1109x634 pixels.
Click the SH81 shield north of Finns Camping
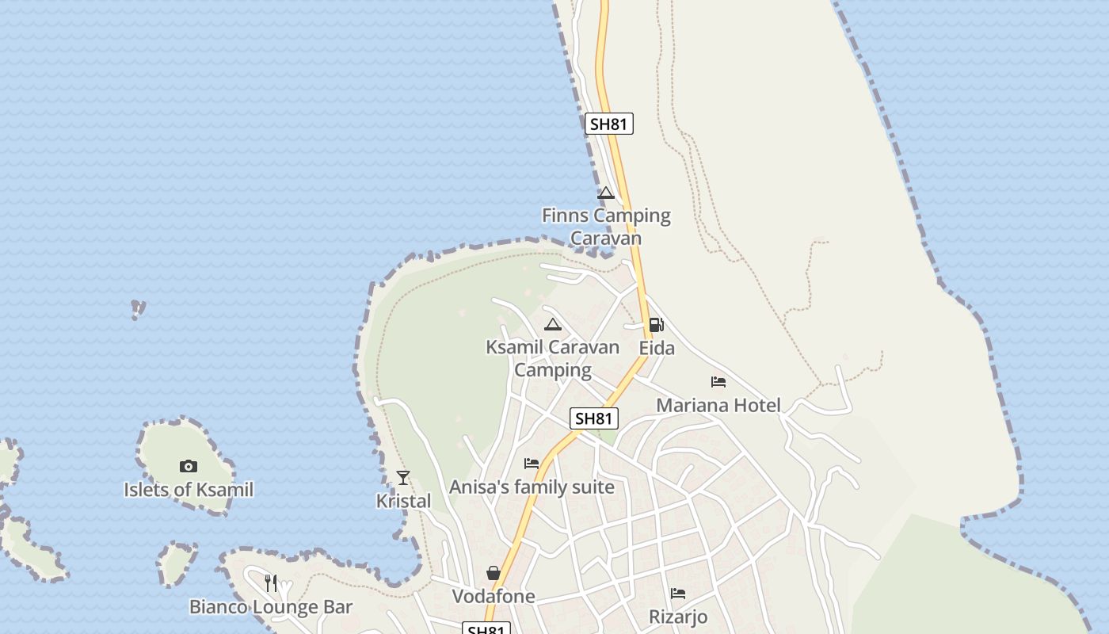pos(609,124)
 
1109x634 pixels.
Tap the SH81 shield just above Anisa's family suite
pos(594,418)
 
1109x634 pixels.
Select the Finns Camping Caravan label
pos(606,227)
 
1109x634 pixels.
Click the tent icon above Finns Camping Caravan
pos(606,193)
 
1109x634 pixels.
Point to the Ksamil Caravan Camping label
pos(552,358)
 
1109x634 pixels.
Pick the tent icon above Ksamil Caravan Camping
pos(553,324)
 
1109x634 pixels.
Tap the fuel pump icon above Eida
pos(656,325)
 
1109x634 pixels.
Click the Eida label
pos(657,348)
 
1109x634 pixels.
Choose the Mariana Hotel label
pos(718,406)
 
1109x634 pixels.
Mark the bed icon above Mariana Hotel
pos(718,382)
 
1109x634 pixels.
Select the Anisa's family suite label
pos(532,487)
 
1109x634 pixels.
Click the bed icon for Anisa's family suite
pos(532,464)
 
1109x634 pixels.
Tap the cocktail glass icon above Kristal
pos(403,477)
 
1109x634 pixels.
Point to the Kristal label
pos(403,501)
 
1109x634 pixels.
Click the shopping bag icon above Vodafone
pos(494,573)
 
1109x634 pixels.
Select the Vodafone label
pos(494,596)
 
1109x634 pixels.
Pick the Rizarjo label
pos(678,617)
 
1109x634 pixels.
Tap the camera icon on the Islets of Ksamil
pos(188,466)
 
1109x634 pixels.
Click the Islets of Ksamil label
pos(189,490)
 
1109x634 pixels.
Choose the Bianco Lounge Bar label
pos(270,607)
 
